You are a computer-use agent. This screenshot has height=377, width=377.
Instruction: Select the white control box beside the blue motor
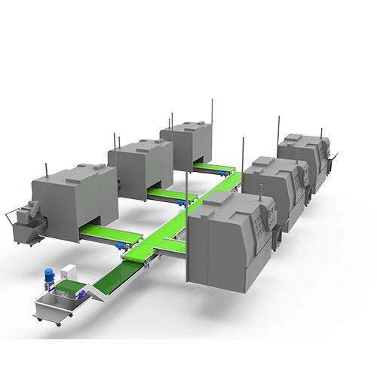[70, 274]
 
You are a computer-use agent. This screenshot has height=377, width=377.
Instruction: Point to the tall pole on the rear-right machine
[279, 127]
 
